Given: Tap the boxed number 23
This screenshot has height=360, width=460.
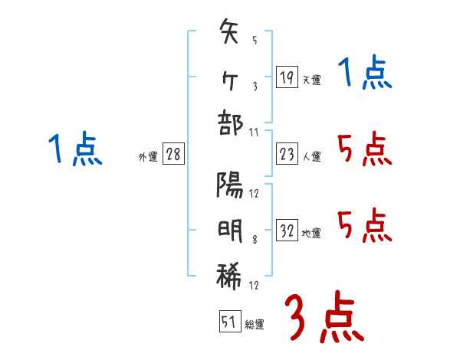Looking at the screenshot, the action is (x=287, y=155).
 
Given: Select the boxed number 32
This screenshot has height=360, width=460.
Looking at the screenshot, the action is (x=287, y=231).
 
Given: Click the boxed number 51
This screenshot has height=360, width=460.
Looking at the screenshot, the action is (x=229, y=322).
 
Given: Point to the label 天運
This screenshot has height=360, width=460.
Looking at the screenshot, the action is (x=311, y=80).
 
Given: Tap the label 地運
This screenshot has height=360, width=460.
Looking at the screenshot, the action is (x=311, y=233).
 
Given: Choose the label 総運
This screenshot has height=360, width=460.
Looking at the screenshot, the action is (x=255, y=325).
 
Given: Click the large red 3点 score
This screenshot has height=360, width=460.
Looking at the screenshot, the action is (x=324, y=317).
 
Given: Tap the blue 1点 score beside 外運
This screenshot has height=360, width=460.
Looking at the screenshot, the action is (x=75, y=149).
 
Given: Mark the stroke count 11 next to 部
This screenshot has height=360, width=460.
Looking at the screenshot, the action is (x=254, y=132).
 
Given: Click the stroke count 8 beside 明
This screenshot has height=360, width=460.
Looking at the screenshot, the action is (x=253, y=239).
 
